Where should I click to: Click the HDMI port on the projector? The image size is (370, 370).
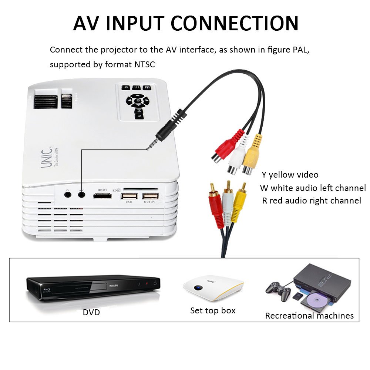(x=102, y=196)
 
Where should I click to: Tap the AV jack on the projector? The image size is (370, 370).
(x=81, y=195)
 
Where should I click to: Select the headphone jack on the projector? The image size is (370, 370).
(x=67, y=195)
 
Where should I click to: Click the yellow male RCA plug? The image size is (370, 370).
(x=239, y=203)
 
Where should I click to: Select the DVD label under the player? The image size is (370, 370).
(x=91, y=312)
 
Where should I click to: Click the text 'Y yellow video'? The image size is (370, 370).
(x=290, y=175)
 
